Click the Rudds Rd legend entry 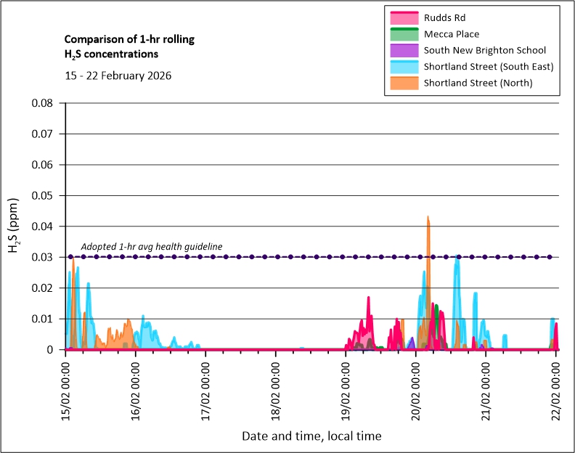click(444, 17)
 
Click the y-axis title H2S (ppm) click(15, 226)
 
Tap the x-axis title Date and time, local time click(311, 436)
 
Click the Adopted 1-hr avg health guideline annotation click(151, 247)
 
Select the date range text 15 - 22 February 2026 click(118, 75)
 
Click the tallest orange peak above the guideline click(428, 218)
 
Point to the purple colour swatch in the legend click(404, 50)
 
